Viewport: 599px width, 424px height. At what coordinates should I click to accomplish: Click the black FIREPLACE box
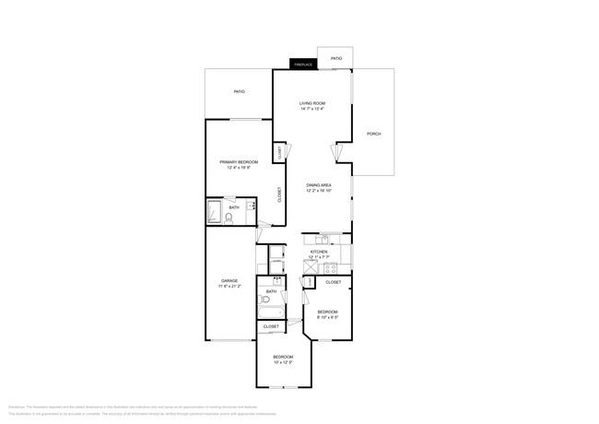[303, 65]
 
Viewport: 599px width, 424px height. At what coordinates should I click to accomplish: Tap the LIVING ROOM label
[311, 103]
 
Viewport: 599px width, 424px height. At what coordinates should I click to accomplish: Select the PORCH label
[373, 134]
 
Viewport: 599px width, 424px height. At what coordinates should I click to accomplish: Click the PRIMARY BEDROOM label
[238, 161]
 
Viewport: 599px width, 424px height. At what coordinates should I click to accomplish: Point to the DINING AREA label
[319, 185]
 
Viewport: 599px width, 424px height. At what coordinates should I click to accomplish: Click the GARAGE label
[229, 280]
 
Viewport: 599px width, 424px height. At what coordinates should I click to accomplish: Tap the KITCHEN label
[319, 251]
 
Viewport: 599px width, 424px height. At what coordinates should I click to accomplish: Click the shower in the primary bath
[214, 211]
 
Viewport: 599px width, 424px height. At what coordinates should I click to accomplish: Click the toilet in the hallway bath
[264, 300]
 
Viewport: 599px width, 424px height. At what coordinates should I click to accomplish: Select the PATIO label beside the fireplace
[336, 58]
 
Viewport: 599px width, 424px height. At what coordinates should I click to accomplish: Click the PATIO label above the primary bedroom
[239, 91]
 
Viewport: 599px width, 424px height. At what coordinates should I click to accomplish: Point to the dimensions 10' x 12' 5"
[283, 362]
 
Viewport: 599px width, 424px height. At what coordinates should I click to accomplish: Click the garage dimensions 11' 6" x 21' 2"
[229, 286]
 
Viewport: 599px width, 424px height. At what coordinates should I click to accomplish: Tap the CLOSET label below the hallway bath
[271, 326]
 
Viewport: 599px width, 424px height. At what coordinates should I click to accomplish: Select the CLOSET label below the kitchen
[333, 282]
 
